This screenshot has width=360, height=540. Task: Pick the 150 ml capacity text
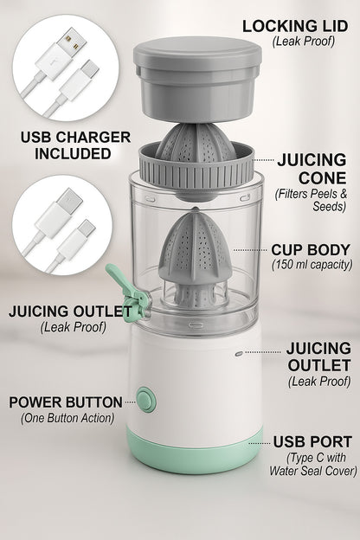point(312,264)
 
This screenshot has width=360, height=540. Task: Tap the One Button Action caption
point(67,418)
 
